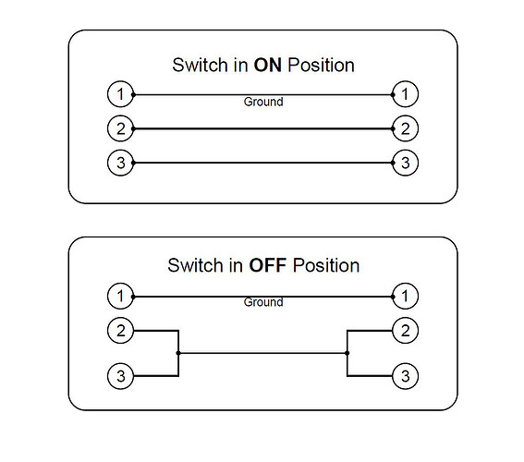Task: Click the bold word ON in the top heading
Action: pos(268,65)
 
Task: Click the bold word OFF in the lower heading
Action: pos(268,265)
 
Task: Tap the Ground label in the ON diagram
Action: pos(263,102)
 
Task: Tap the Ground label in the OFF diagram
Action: pos(263,302)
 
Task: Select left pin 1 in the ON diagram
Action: pos(121,94)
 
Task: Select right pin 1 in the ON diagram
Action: pos(405,94)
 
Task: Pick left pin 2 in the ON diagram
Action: pos(121,128)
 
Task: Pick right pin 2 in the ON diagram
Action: pos(405,128)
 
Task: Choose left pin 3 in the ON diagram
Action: pos(121,163)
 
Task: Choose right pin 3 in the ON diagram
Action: pos(405,163)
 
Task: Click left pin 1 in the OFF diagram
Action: pos(121,296)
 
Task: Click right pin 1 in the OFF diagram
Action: pos(405,296)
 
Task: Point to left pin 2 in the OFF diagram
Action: pos(121,331)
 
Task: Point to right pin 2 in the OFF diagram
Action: pos(405,331)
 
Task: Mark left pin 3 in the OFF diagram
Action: pos(121,376)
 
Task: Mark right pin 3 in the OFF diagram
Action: pos(405,376)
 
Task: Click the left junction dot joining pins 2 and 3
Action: pos(178,353)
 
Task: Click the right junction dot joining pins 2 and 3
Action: pos(347,353)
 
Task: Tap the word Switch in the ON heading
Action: pos(200,65)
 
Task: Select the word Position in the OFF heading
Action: pos(326,265)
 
